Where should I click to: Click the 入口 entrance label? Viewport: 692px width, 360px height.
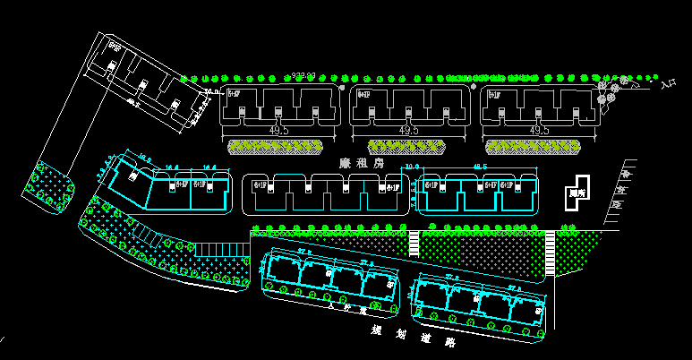point(666,86)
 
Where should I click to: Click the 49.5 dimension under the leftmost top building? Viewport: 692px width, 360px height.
point(278,131)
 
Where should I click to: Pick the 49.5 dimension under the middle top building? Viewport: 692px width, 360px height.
point(408,131)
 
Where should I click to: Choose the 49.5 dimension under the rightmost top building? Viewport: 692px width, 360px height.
point(538,131)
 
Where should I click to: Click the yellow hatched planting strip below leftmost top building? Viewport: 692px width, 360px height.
point(275,145)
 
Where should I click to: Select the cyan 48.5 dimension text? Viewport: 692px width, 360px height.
point(480,167)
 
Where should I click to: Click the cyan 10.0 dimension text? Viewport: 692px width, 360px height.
point(412,167)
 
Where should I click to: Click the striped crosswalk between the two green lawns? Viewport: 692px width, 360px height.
point(414,244)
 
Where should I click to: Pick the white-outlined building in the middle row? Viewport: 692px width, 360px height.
point(325,193)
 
